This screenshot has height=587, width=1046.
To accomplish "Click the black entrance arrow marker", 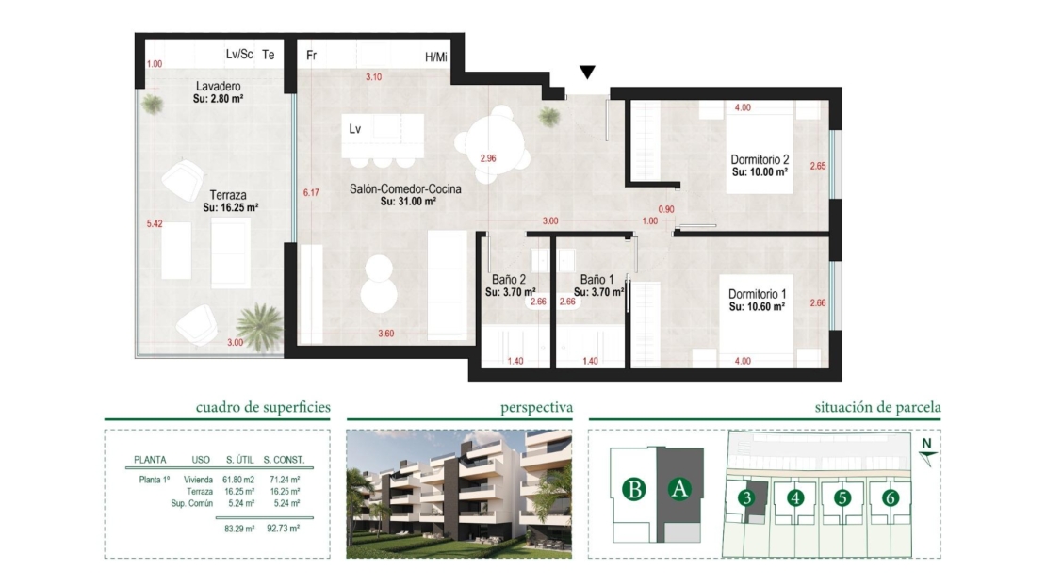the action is pos(587,72).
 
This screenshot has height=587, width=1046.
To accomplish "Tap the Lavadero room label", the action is pos(218,86).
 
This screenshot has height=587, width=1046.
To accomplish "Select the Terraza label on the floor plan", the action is pos(228,195).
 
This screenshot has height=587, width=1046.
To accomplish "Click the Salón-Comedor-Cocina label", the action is pos(405,188).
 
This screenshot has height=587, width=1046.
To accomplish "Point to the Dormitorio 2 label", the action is pos(760,159).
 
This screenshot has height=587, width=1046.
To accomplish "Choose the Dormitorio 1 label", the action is pos(757,294).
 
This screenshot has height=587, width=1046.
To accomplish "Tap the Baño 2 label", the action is pos(509,280).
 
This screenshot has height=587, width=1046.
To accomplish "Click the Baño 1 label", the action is pos(597,280).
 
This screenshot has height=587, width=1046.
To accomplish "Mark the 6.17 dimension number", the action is pos(311,193).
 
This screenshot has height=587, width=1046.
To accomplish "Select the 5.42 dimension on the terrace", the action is pos(155,223).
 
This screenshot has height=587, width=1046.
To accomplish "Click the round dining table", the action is pos(495,143).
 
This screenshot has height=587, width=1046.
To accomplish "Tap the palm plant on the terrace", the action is pos(259,325).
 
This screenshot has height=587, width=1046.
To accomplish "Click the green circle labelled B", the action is pos(634,489).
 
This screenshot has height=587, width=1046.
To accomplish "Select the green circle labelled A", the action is pos(679,489).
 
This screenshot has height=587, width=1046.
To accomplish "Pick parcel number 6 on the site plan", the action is pos(890,497).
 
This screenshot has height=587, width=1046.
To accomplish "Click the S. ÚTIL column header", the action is pos(238,460).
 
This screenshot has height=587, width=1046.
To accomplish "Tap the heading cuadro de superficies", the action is pos(263,407).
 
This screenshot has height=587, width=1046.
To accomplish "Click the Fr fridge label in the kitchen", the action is pos(312,56).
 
